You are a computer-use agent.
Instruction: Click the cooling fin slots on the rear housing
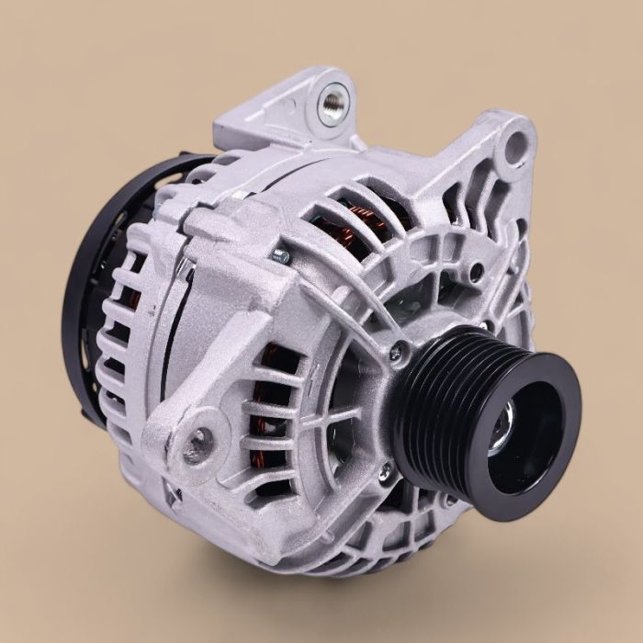[x=119, y=349]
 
